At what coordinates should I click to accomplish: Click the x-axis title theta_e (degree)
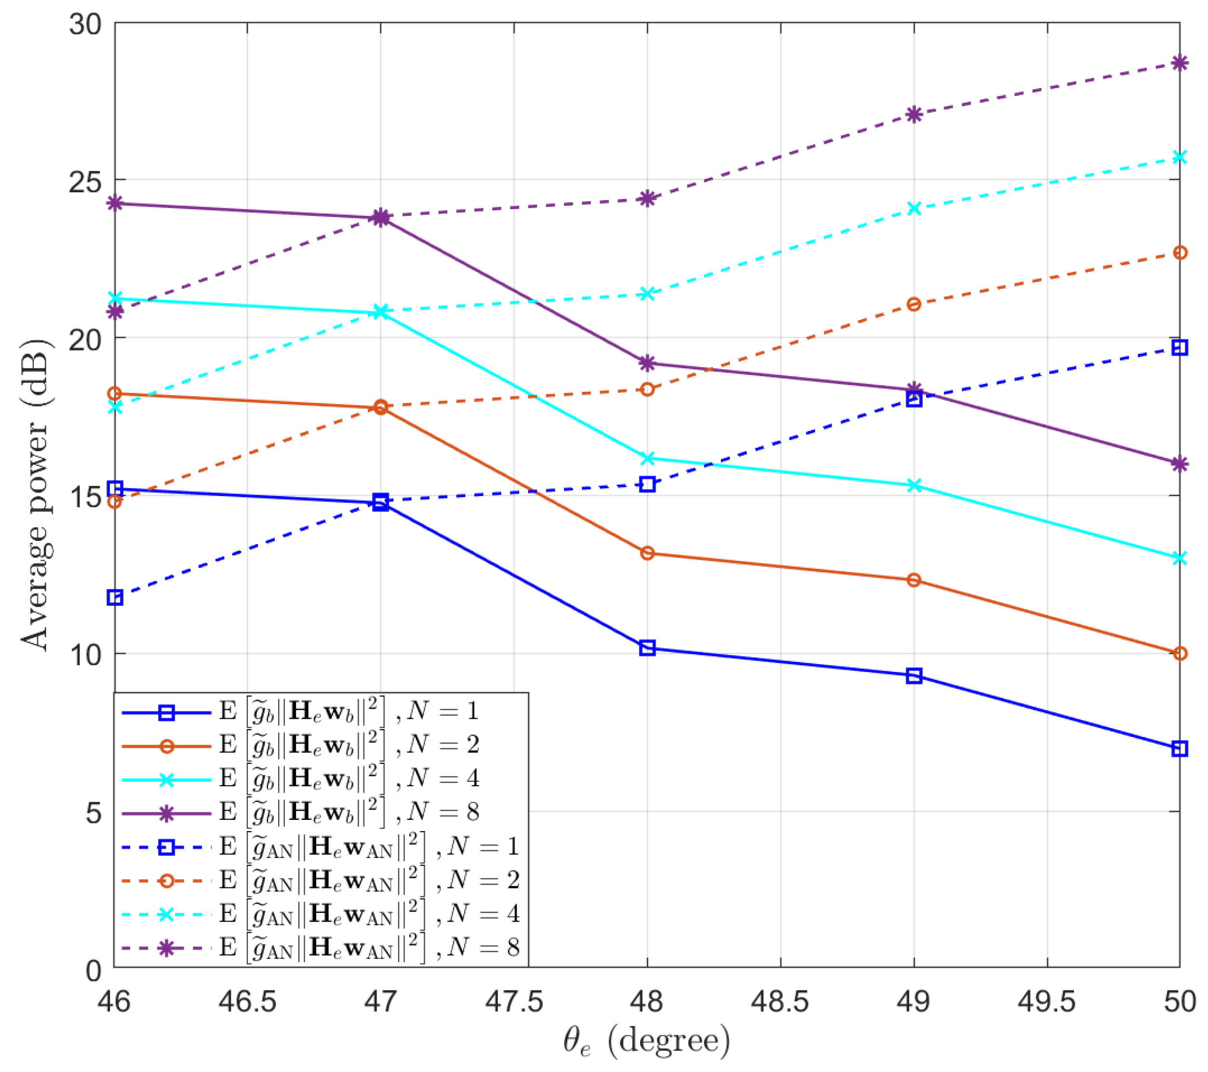click(646, 1041)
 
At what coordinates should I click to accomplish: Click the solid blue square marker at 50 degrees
click(1180, 749)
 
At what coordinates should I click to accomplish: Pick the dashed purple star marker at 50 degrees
click(1180, 63)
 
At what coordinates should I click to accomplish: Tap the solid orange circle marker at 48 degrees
click(647, 553)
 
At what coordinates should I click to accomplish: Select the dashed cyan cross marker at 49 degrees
click(913, 209)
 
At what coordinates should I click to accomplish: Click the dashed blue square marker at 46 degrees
click(115, 598)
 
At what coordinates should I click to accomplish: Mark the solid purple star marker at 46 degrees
click(115, 203)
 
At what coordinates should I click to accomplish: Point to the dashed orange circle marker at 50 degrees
click(1180, 253)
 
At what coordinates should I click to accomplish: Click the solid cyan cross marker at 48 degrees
click(647, 458)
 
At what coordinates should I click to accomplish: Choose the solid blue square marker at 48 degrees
click(647, 648)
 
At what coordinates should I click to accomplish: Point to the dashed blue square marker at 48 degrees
click(647, 484)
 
